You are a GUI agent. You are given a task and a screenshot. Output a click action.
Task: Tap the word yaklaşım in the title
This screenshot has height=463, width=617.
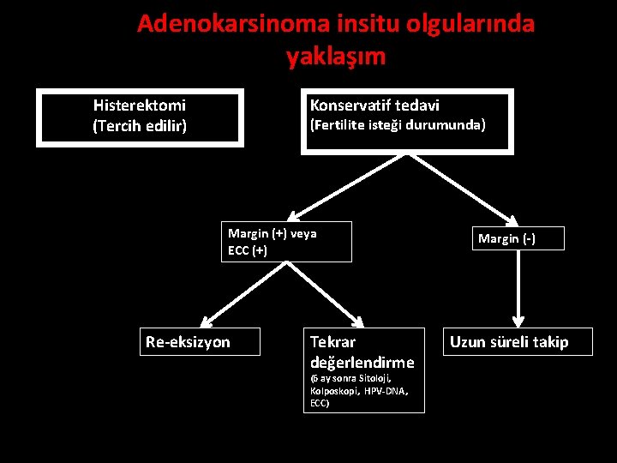(336, 57)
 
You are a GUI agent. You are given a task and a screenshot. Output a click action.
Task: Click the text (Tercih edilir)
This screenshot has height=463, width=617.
(140, 127)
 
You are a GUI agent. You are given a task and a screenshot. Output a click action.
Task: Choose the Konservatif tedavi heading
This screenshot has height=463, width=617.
(374, 105)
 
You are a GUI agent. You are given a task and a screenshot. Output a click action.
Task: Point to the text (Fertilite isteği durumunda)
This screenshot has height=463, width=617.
(398, 125)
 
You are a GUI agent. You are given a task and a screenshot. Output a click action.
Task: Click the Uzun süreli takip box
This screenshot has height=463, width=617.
(509, 342)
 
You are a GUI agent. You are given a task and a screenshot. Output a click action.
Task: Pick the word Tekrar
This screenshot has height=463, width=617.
(332, 341)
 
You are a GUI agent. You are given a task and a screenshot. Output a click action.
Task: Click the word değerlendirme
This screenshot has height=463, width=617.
(362, 362)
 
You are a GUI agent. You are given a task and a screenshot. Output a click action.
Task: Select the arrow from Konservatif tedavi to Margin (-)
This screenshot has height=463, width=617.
(470, 187)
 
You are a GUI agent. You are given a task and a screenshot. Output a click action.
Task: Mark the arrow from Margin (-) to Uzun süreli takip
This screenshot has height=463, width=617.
(517, 287)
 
